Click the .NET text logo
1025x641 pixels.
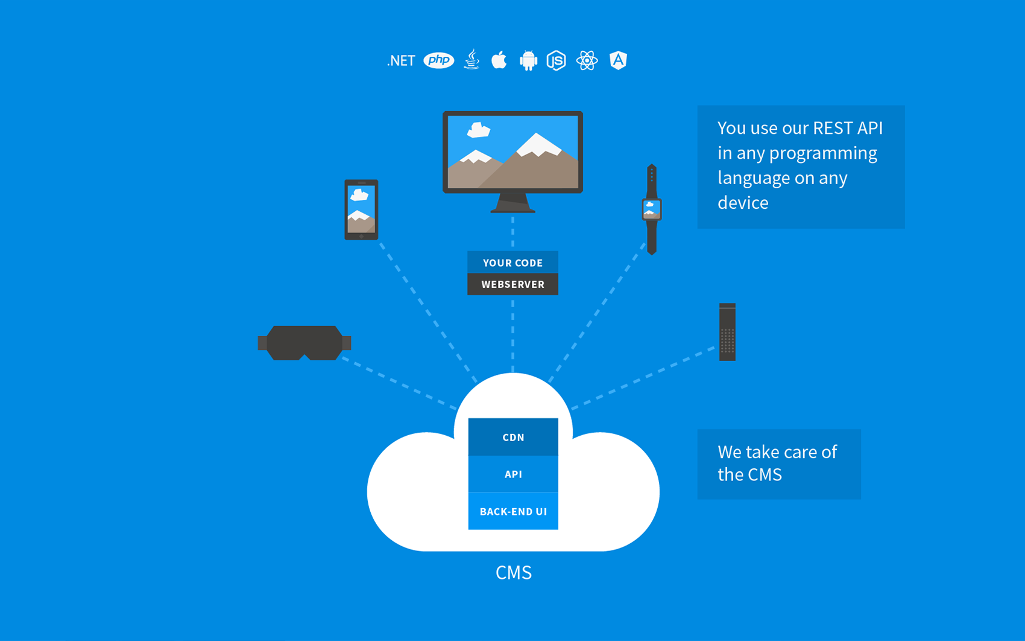point(401,61)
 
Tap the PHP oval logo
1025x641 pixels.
point(439,60)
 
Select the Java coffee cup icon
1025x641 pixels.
point(472,60)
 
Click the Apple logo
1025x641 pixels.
point(499,60)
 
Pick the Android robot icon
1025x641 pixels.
point(528,61)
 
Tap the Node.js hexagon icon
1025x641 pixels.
point(556,60)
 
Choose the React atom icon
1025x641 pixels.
point(587,60)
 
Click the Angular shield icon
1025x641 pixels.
point(618,60)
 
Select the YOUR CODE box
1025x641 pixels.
point(512,263)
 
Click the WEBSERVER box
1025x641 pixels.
point(512,284)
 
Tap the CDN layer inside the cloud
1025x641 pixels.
point(513,437)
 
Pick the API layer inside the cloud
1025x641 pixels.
point(513,474)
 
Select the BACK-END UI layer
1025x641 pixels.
point(513,511)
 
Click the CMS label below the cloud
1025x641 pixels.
point(513,572)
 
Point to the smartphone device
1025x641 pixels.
point(361,209)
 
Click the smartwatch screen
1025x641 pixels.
point(651,209)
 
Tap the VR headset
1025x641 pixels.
point(304,342)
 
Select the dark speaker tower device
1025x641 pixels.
point(727,332)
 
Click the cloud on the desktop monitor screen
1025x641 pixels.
point(479,129)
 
